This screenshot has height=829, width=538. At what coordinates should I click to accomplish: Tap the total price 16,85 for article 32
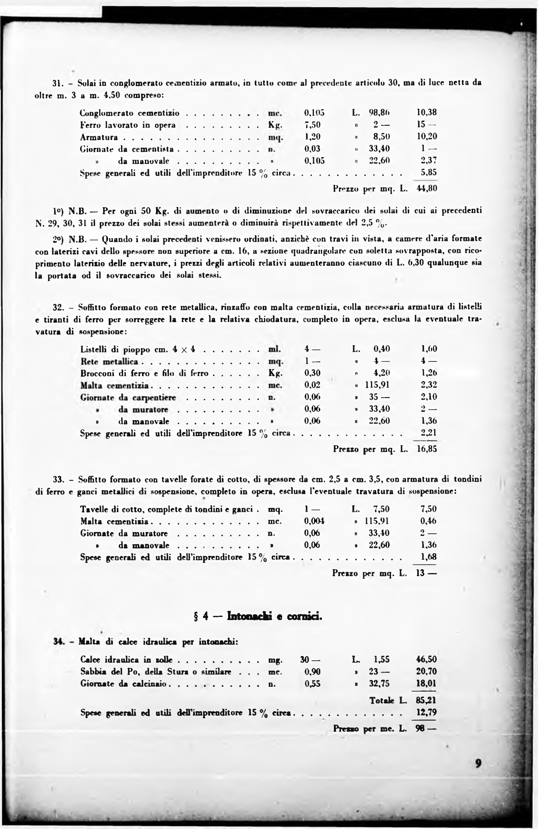[x=427, y=449]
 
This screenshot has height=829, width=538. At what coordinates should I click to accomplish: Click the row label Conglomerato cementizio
[x=130, y=113]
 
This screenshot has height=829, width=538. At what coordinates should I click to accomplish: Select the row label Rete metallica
[x=109, y=361]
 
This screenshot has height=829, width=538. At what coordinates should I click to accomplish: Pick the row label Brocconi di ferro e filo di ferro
[x=144, y=374]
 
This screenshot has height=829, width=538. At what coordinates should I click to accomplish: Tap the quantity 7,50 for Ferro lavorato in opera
[x=312, y=125]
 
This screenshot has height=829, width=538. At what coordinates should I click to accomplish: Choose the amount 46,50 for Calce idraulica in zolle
[x=426, y=659]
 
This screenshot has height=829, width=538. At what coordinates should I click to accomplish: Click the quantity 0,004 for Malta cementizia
[x=314, y=521]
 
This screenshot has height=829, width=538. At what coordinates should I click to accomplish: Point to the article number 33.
[x=58, y=479]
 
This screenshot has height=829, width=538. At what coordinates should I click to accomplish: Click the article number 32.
[x=58, y=308]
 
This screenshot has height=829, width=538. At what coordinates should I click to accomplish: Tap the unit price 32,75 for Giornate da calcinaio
[x=379, y=683]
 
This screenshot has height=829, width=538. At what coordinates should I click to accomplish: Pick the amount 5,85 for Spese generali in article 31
[x=429, y=172]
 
